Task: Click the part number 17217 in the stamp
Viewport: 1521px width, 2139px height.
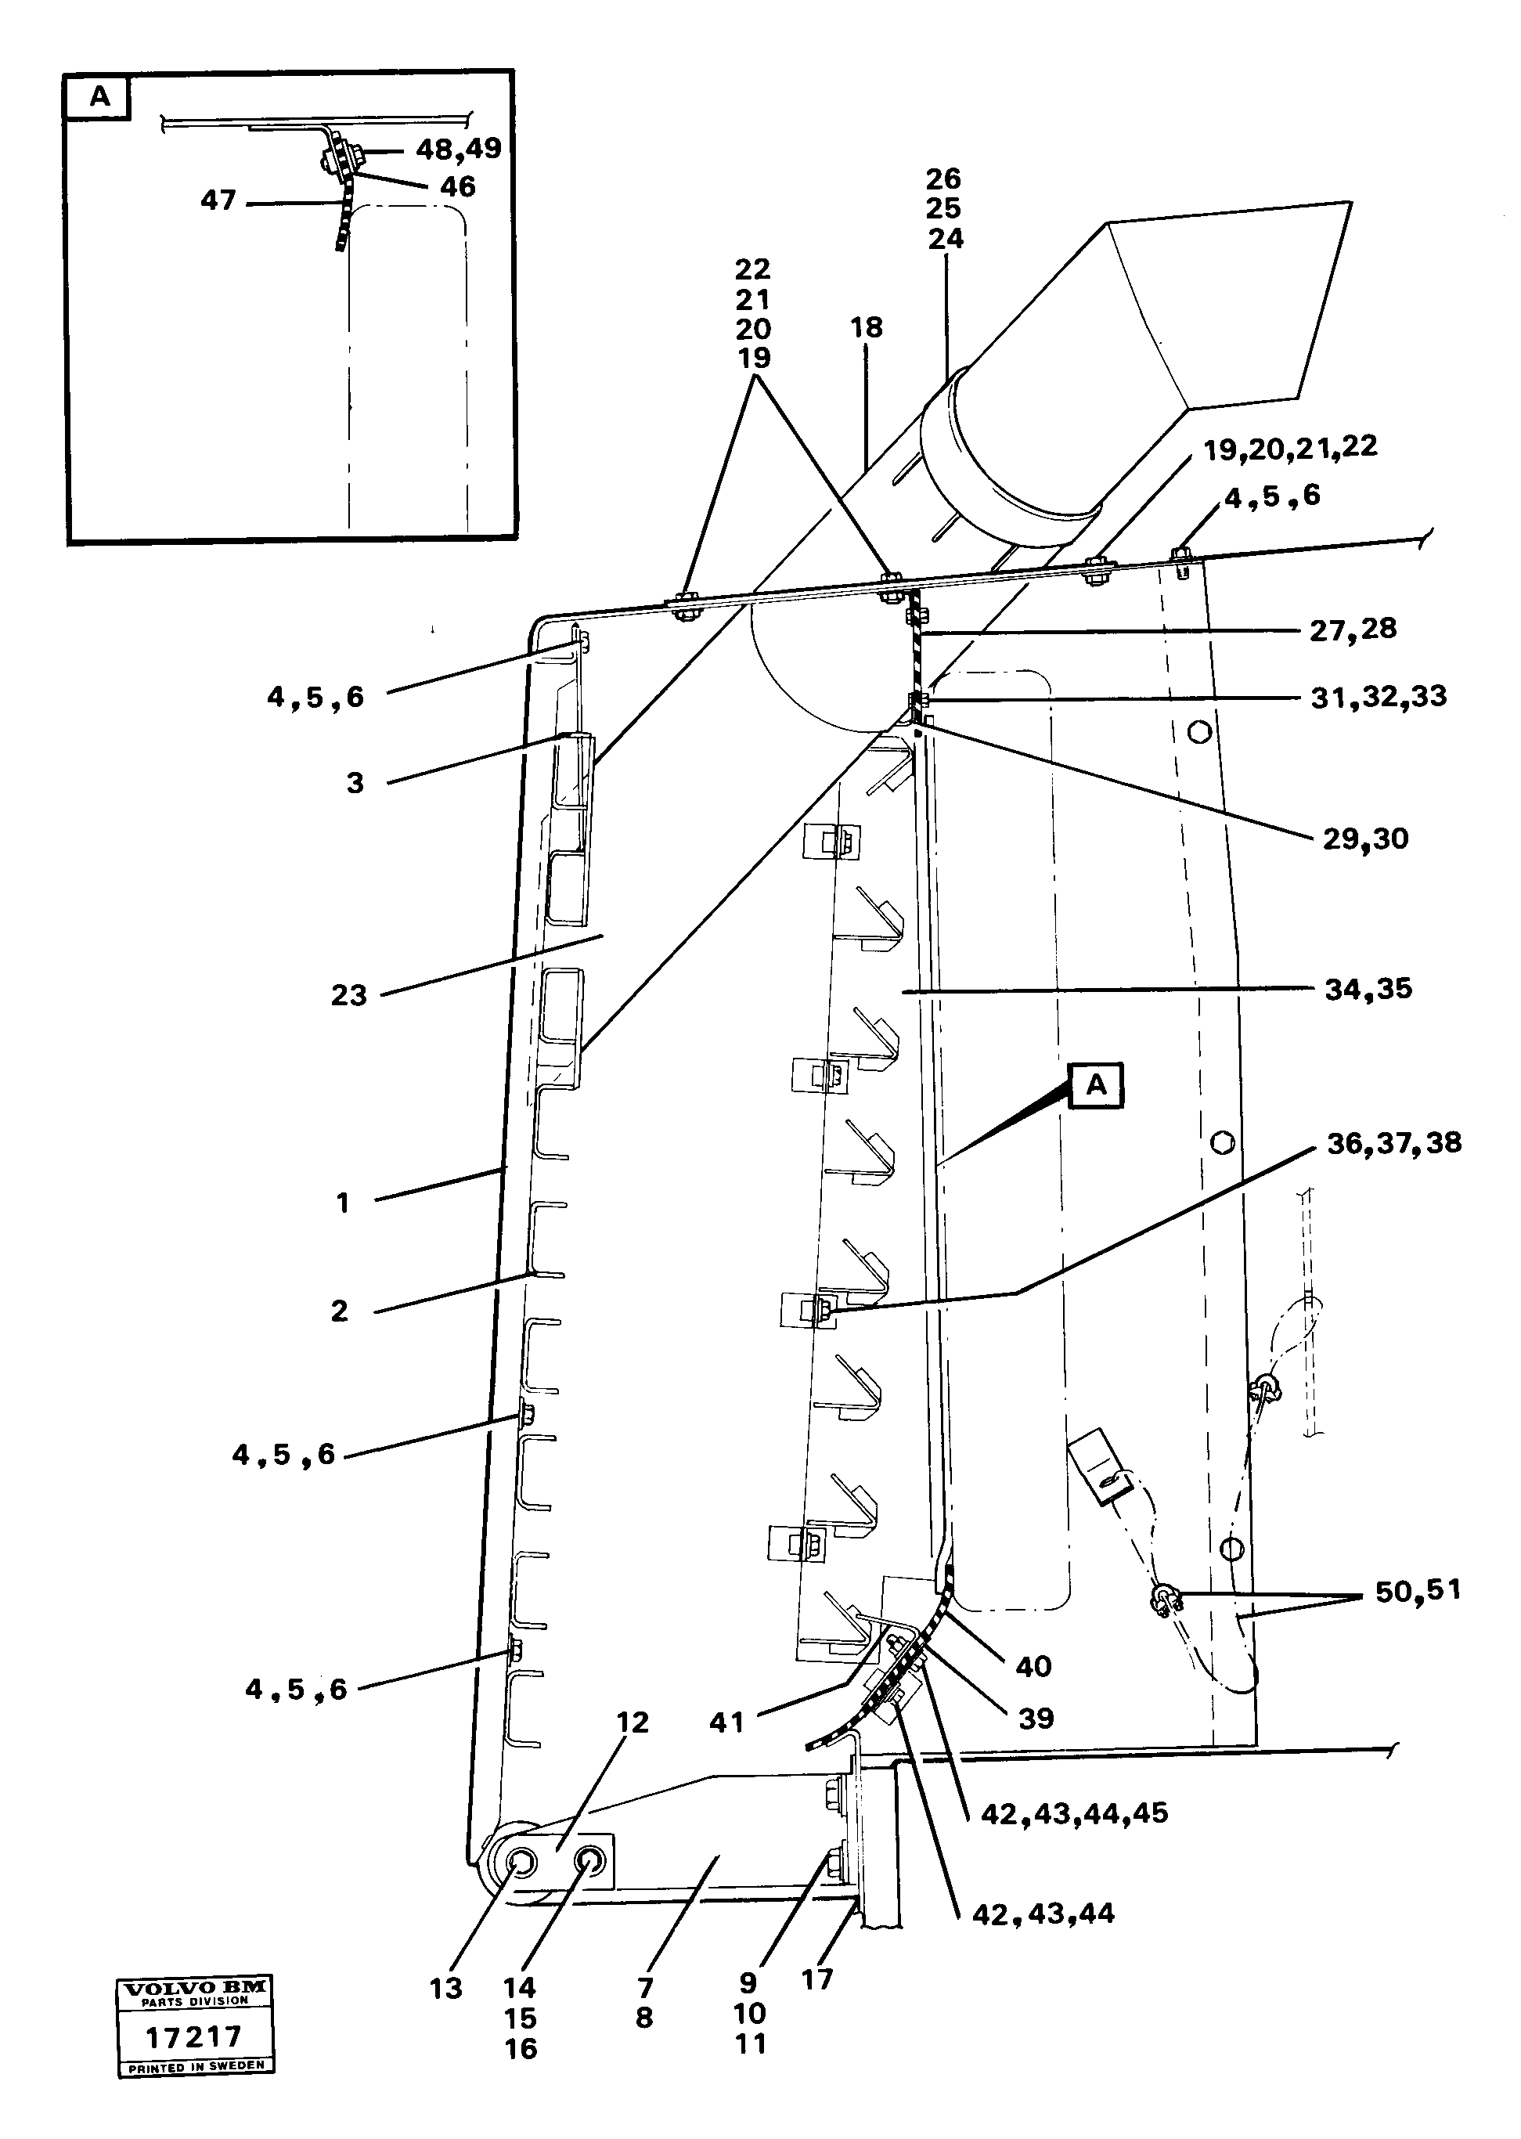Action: (x=194, y=2036)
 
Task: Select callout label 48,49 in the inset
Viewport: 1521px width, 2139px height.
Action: (x=458, y=149)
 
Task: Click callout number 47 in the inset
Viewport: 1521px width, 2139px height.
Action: (x=218, y=200)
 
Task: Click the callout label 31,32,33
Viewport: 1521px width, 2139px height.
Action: (x=1378, y=697)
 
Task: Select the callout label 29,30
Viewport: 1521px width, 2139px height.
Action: (x=1364, y=839)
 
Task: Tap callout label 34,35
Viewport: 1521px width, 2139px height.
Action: (x=1368, y=989)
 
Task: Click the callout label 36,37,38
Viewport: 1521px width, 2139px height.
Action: (x=1393, y=1142)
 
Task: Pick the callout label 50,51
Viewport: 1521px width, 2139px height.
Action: (x=1417, y=1591)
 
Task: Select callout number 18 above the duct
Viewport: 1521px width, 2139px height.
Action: (x=867, y=328)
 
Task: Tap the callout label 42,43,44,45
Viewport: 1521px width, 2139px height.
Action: (x=1073, y=1814)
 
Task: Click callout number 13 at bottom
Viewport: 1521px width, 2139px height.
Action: (x=446, y=1988)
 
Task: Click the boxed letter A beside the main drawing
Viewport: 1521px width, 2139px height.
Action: (x=1095, y=1085)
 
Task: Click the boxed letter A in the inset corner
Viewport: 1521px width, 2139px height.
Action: (x=99, y=97)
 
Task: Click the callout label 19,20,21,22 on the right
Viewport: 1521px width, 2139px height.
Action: (x=1289, y=448)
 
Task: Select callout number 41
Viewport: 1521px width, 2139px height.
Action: (x=726, y=1722)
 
